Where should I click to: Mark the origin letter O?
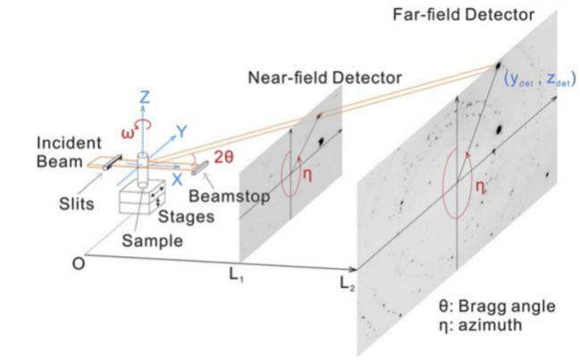pyautogui.click(x=78, y=264)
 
